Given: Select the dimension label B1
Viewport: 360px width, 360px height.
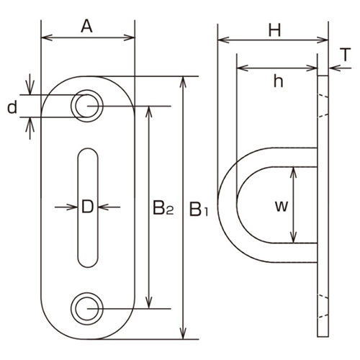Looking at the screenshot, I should click(199, 210).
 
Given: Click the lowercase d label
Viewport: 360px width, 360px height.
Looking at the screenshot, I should click(12, 108).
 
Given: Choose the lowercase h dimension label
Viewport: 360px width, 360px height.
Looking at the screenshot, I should click(278, 81).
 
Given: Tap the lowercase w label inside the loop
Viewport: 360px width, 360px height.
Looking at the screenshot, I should click(282, 207).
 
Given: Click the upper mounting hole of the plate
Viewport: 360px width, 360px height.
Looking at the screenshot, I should click(86, 105).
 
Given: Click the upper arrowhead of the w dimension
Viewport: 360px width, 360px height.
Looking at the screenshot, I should click(294, 171).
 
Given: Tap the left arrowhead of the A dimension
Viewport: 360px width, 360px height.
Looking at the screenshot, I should click(45, 36).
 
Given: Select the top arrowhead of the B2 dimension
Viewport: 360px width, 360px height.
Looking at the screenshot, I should click(149, 110).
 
